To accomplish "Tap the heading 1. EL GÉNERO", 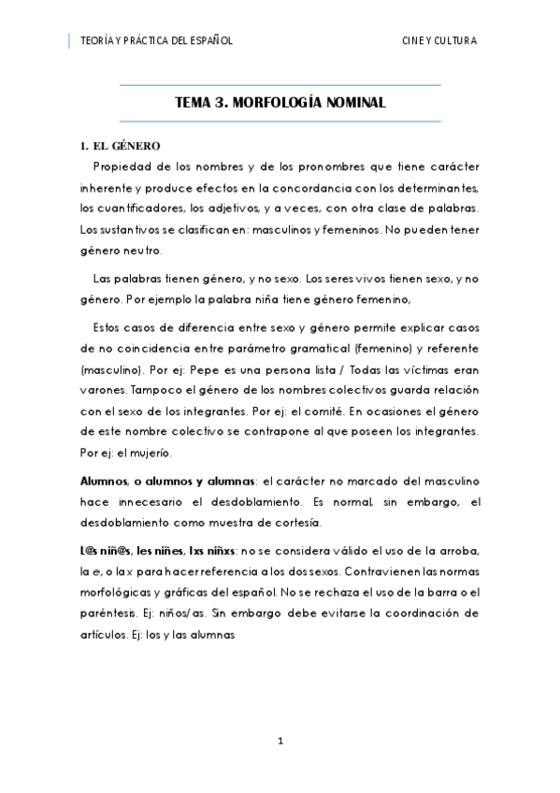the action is (x=121, y=147).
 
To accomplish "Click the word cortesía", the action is (x=295, y=522).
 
